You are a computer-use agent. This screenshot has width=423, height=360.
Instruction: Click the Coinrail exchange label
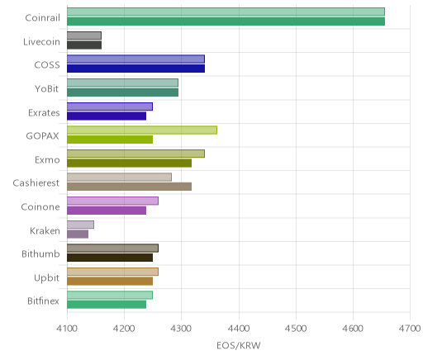tap(42, 18)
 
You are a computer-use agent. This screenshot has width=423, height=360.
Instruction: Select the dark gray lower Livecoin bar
tap(84, 45)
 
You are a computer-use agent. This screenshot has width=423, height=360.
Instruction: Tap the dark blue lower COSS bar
tap(136, 69)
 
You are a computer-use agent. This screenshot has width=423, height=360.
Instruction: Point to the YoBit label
tap(46, 89)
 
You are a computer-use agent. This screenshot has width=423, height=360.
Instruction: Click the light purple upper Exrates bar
tap(110, 107)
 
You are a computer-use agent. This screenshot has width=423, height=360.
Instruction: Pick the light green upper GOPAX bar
tap(142, 130)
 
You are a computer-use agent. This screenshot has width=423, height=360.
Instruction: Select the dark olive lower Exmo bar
tap(130, 163)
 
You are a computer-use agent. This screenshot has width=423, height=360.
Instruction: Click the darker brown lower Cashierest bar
tap(130, 187)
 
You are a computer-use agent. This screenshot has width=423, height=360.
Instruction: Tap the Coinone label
tap(40, 207)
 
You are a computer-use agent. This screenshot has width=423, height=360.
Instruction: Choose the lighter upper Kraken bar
tap(81, 225)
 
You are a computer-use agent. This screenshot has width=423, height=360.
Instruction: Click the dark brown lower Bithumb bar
tap(110, 258)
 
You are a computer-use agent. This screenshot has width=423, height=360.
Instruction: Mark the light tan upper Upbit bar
tap(113, 272)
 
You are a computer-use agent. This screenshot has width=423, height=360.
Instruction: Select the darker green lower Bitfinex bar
tap(107, 305)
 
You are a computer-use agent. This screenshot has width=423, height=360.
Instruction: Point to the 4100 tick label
tap(67, 329)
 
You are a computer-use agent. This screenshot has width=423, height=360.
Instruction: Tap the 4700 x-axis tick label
tap(410, 329)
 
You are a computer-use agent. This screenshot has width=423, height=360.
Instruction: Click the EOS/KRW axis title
tap(239, 345)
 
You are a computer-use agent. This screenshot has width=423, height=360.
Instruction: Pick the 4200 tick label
tap(124, 329)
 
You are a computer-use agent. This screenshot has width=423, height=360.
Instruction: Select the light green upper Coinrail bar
tap(226, 12)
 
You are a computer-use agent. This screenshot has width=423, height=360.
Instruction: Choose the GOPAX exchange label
tap(42, 136)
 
